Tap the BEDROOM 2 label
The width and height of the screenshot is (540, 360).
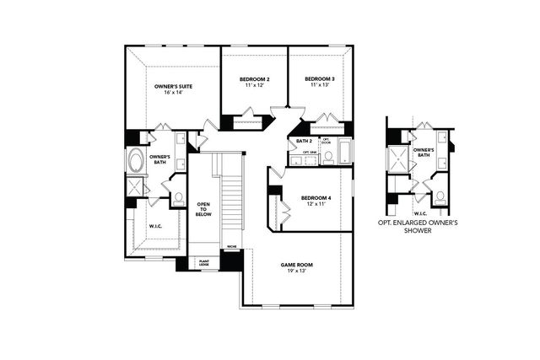(254, 80)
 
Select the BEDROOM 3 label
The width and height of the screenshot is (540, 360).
(320, 80)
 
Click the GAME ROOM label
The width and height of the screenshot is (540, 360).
(296, 265)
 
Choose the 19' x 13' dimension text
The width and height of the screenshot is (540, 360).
(296, 272)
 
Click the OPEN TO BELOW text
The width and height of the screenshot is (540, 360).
(203, 208)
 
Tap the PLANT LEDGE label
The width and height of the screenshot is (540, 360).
(203, 262)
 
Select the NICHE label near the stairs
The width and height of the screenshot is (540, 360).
(231, 247)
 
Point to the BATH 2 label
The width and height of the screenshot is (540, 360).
(304, 141)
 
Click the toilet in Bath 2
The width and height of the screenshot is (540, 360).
(328, 156)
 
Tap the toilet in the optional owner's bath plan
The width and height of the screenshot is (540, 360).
(440, 196)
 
